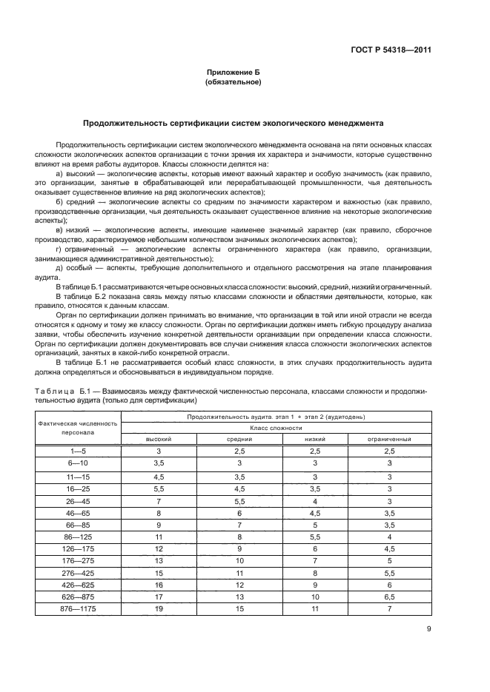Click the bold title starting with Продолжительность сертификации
pos(233,123)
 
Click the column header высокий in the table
pos(159,439)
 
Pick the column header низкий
pos(315,439)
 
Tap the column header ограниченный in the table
pos(390,439)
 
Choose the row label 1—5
pos(78,450)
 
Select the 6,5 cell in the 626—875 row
pos(390,596)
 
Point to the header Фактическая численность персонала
pos(78,428)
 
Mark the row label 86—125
pos(78,535)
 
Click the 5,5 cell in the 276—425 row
pos(390,571)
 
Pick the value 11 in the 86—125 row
pos(159,535)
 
